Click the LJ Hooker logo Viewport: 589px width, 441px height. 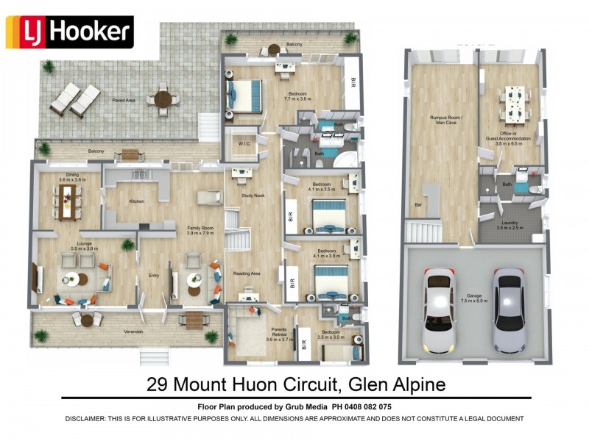tap(69, 32)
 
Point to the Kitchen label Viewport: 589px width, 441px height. tap(137, 201)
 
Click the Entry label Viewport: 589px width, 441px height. tap(153, 276)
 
